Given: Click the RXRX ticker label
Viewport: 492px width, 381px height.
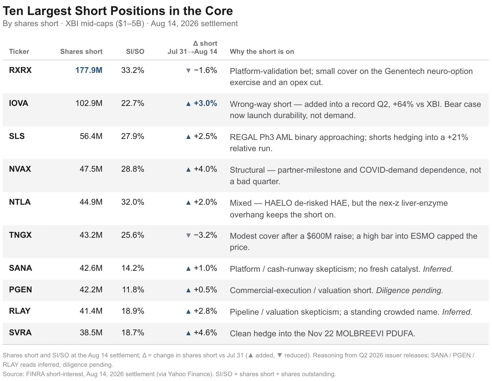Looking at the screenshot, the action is point(20,70).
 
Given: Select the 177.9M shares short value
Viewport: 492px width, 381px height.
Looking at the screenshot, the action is point(89,70).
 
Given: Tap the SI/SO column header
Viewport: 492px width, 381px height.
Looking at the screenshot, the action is point(135,52).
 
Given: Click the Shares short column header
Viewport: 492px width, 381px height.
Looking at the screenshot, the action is point(81,52).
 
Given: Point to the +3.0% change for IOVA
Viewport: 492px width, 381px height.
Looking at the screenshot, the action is point(205,103).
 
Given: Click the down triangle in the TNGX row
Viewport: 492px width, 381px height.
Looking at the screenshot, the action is point(188,235).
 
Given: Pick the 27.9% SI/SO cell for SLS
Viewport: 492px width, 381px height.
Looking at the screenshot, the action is point(133,136).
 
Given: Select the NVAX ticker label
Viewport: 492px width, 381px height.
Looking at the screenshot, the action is point(20,169).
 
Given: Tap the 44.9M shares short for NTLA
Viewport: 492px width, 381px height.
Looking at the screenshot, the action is point(91,202).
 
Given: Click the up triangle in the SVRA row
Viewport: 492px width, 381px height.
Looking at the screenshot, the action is point(188,333).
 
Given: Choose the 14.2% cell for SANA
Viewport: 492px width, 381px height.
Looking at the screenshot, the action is point(133,268).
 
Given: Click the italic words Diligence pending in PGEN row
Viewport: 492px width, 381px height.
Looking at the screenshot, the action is point(409,290).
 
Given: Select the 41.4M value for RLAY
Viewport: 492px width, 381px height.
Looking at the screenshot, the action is point(91,311).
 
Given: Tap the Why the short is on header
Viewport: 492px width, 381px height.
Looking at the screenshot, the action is point(262,52).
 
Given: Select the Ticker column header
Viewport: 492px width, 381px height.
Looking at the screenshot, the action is point(19,52).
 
